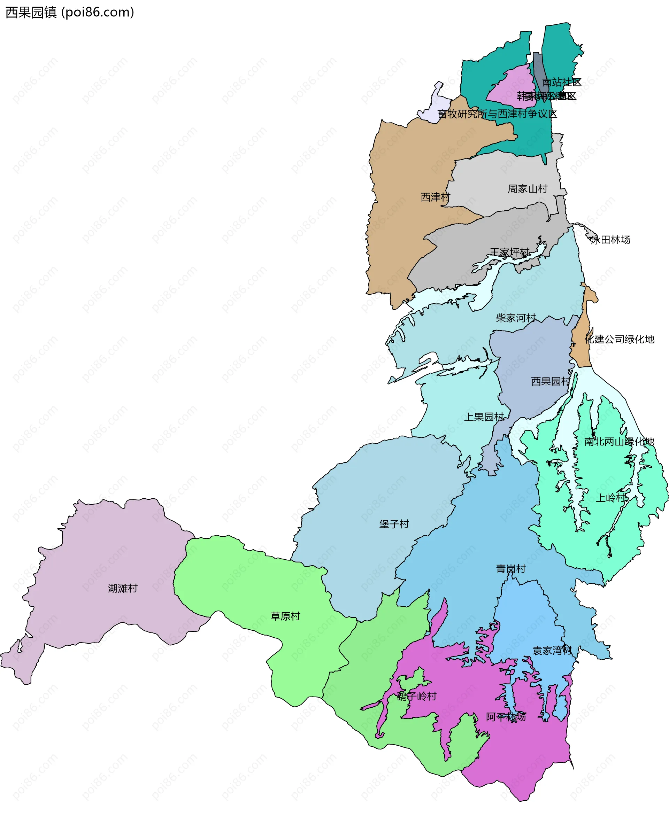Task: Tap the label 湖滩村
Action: [x=123, y=588]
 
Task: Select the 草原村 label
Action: [x=285, y=616]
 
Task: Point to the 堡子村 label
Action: [x=394, y=524]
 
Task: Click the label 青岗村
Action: [x=510, y=569]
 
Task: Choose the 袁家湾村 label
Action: [x=552, y=651]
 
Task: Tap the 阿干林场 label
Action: [x=506, y=717]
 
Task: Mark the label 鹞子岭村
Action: [x=417, y=696]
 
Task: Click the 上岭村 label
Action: [x=611, y=498]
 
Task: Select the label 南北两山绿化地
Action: [x=619, y=442]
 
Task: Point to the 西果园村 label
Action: [x=551, y=381]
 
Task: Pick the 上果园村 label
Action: [x=484, y=417]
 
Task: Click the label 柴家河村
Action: [x=516, y=318]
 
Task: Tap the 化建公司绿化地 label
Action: [x=619, y=339]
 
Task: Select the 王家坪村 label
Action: [x=509, y=252]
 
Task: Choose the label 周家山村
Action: [x=527, y=189]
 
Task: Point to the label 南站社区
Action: [x=561, y=82]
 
